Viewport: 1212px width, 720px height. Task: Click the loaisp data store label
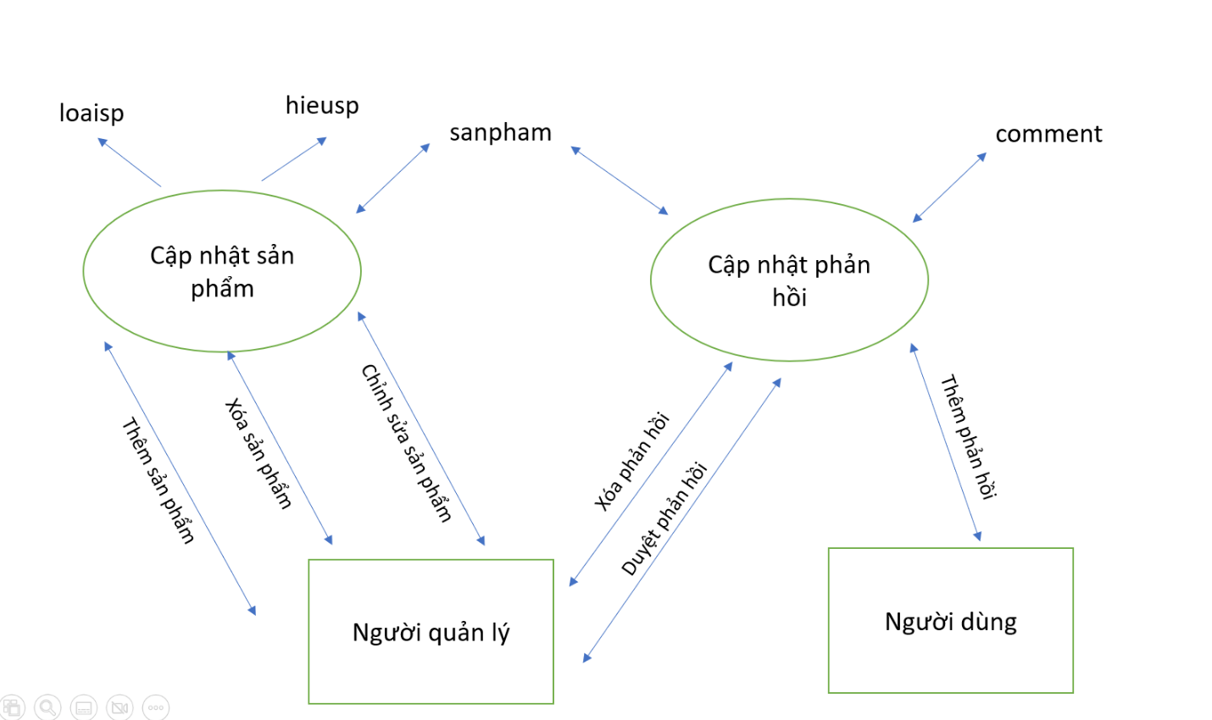point(92,113)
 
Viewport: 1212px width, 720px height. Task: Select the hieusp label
point(322,106)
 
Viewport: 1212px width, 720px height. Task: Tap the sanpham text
point(501,132)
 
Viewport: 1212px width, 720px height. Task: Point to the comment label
point(1048,134)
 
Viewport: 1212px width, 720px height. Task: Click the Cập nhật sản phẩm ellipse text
point(222,272)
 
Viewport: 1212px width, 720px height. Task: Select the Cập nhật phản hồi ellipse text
point(789,280)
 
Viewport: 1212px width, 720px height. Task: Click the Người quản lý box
point(431,631)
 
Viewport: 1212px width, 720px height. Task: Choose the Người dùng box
point(951,620)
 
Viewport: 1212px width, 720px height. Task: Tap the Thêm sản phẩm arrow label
point(158,479)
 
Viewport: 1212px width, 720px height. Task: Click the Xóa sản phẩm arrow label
point(259,453)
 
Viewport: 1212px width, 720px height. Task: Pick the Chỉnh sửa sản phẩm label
point(406,443)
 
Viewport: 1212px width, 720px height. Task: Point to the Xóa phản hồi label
point(632,462)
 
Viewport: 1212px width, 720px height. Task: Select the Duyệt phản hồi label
point(664,518)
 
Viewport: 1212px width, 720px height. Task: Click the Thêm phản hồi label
point(969,436)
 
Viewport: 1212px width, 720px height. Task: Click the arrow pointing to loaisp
point(129,163)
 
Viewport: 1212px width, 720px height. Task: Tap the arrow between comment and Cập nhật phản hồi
point(949,188)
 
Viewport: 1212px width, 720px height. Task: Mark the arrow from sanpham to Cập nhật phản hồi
point(620,180)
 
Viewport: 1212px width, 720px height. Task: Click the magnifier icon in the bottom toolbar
point(47,707)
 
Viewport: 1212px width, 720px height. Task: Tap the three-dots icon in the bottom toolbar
point(156,707)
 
